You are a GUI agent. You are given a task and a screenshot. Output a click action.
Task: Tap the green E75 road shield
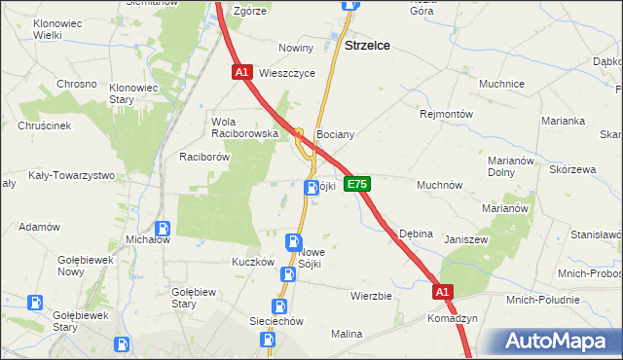coord(357,183)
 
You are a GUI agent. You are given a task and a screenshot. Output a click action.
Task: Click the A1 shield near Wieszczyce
coord(243,72)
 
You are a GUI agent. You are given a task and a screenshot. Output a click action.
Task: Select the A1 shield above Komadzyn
coord(443,291)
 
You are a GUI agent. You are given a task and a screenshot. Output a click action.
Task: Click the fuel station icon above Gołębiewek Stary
coord(36,304)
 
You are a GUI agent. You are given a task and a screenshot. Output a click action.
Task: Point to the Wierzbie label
coord(371,295)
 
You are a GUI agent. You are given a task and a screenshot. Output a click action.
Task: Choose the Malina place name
coord(346,334)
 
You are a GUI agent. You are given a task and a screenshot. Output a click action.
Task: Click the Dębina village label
coord(416,234)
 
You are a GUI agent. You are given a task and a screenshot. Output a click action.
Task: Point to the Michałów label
coord(149,238)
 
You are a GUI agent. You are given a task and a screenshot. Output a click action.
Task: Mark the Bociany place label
coord(334,134)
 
